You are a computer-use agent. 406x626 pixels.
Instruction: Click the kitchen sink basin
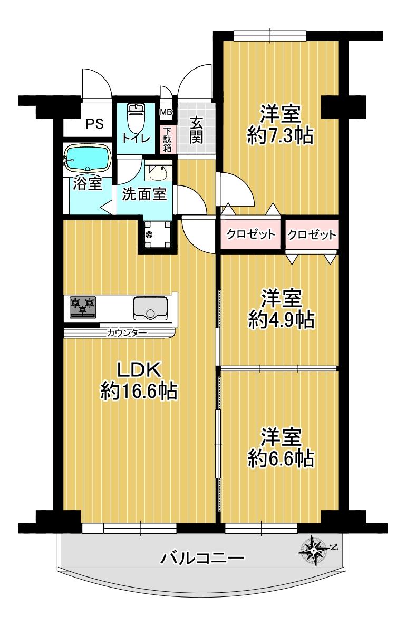(x=150, y=308)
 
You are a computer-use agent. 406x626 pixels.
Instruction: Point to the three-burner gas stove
(x=83, y=307)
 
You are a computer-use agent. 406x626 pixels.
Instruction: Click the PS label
(x=95, y=124)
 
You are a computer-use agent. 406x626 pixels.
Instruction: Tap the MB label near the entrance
(x=166, y=112)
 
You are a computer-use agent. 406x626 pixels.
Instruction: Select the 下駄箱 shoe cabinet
(x=167, y=139)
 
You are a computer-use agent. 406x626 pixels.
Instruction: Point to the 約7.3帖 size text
(x=281, y=135)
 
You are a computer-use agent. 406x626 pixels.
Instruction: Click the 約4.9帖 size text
(x=281, y=319)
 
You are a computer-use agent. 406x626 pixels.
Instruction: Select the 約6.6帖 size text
(x=281, y=458)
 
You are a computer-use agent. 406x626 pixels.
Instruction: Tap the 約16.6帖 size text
(x=139, y=391)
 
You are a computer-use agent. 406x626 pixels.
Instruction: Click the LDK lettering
(x=139, y=370)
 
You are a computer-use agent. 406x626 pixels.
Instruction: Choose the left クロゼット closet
(x=251, y=234)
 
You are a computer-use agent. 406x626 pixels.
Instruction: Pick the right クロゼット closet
(x=312, y=234)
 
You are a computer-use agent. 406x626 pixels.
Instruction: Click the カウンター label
(x=126, y=332)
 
